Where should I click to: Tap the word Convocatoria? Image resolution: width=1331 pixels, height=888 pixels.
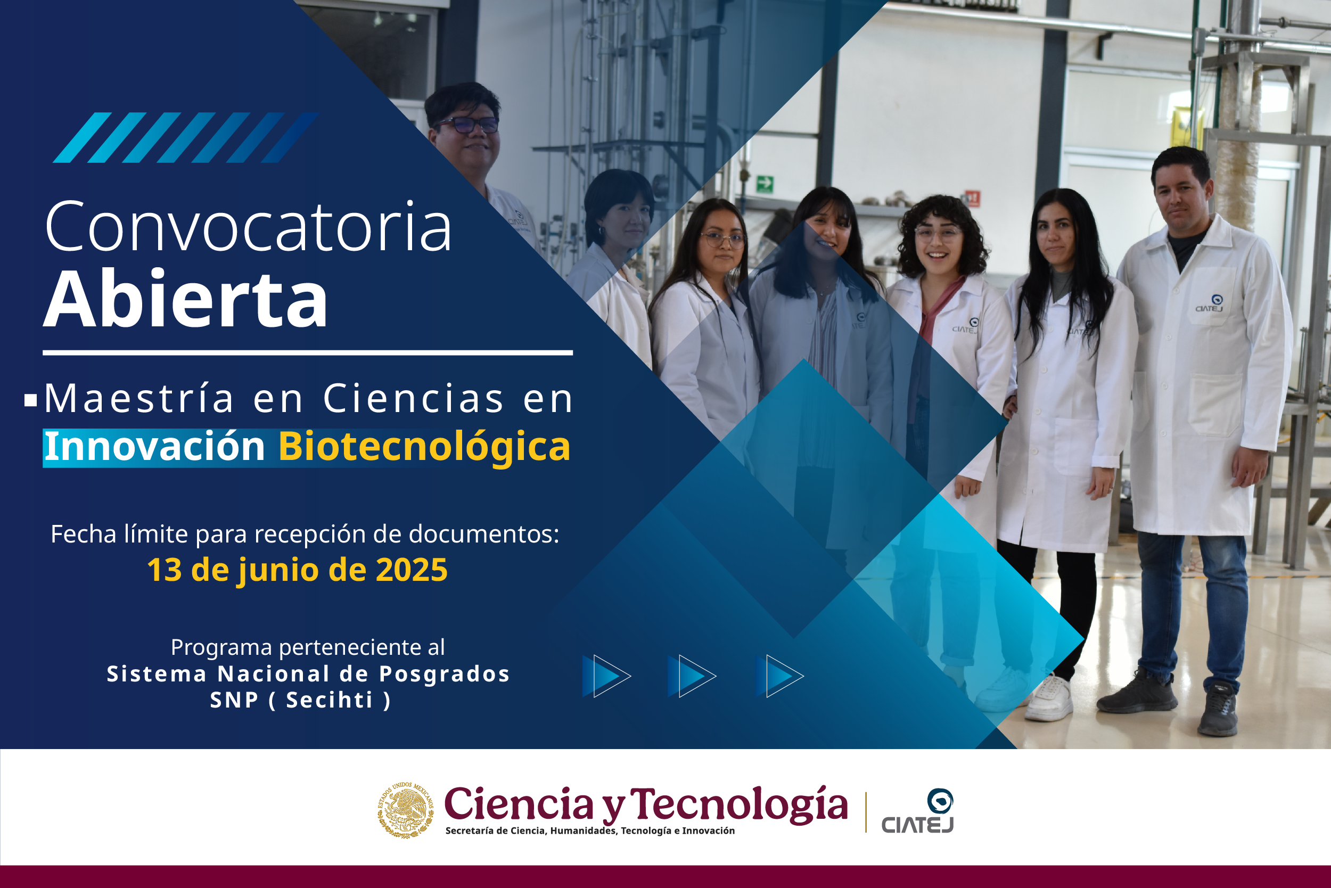[x=249, y=227]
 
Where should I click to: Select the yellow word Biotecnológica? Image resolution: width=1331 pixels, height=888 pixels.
[x=424, y=447]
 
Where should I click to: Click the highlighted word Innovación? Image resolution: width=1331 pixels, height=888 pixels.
[x=154, y=447]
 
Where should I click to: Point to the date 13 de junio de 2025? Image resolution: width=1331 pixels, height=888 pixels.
[x=298, y=570]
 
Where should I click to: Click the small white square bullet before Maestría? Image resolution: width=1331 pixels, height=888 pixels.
[x=30, y=400]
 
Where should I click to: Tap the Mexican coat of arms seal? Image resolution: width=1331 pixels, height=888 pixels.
[x=406, y=810]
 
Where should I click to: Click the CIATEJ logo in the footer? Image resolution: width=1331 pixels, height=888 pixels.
[x=917, y=811]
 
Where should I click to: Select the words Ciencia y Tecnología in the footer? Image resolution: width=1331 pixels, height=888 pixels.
[x=646, y=804]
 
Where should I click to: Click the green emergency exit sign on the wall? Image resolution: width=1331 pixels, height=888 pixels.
[x=765, y=184]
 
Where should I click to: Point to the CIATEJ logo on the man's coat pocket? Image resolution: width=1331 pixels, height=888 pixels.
[x=1210, y=303]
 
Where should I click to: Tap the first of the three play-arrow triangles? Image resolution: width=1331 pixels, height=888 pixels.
[x=606, y=676]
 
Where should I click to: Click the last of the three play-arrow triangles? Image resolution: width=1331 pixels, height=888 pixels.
[x=779, y=676]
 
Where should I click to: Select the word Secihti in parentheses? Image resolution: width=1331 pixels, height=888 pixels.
[x=329, y=700]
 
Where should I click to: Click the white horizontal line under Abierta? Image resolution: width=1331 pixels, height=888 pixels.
[x=308, y=353]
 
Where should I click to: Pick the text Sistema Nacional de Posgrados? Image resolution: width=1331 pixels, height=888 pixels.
[x=308, y=674]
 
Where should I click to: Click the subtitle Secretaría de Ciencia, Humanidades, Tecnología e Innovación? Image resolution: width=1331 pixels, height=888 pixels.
[x=590, y=831]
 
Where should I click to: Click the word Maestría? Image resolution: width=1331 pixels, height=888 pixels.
[x=139, y=399]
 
